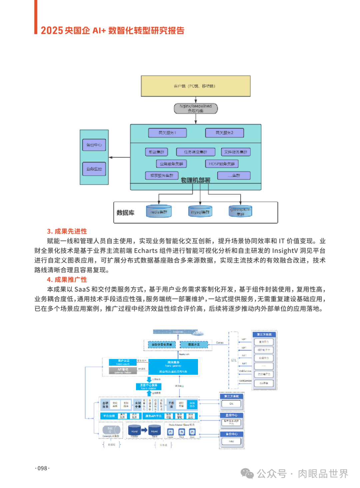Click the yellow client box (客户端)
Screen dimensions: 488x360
[196, 86]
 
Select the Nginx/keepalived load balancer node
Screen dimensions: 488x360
[196, 108]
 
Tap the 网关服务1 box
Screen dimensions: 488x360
[167, 133]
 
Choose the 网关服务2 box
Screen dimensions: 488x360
[224, 133]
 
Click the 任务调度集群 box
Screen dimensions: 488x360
[196, 152]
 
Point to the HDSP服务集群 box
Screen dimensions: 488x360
[222, 164]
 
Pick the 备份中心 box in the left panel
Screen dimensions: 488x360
[94, 145]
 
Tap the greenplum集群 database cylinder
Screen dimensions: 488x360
[240, 211]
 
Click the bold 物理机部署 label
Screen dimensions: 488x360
[196, 180]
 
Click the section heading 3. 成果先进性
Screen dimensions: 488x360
[67, 231]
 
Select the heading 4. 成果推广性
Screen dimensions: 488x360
[67, 279]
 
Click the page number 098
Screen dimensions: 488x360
[42, 468]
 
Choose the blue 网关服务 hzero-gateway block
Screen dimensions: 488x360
[173, 366]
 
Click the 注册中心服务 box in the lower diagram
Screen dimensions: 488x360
[149, 386]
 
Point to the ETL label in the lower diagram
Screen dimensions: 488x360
[234, 360]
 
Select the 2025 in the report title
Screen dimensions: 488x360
[52, 30]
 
